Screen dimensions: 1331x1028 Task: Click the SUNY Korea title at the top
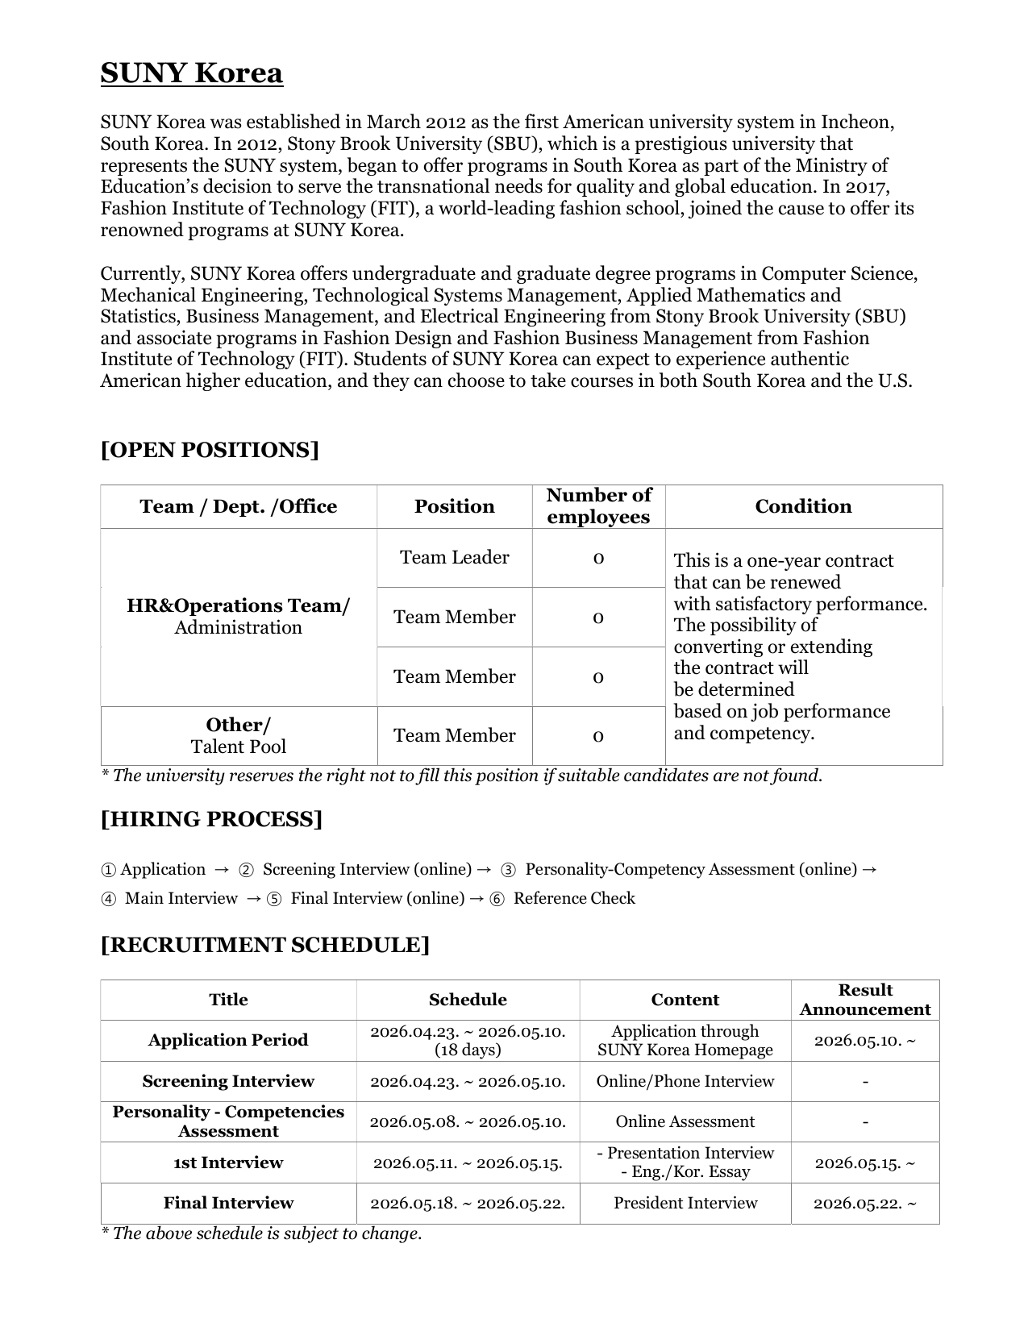tap(191, 73)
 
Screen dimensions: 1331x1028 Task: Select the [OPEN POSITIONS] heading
tap(210, 450)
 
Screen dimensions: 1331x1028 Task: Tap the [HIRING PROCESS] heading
tap(211, 819)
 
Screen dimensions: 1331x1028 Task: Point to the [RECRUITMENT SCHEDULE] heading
tap(264, 945)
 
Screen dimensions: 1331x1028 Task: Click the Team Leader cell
tap(454, 558)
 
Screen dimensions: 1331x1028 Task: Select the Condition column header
tap(803, 506)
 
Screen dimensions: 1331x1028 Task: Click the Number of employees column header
tap(598, 506)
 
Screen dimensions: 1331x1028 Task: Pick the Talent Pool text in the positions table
tap(238, 747)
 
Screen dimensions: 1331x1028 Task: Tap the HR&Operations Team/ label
tap(238, 605)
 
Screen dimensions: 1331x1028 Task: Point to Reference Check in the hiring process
tap(574, 899)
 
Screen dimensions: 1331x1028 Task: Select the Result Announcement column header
tap(865, 1000)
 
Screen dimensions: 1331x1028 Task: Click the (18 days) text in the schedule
tap(468, 1050)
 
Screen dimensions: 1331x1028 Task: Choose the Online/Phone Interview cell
tap(685, 1081)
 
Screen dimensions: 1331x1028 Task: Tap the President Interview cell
tap(685, 1203)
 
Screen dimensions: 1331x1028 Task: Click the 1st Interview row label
tap(228, 1163)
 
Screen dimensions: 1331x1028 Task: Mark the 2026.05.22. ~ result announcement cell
tap(865, 1203)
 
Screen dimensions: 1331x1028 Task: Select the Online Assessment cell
tap(685, 1121)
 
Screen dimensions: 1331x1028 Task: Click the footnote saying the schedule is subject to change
tap(261, 1233)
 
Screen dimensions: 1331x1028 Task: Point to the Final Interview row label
tap(228, 1203)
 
